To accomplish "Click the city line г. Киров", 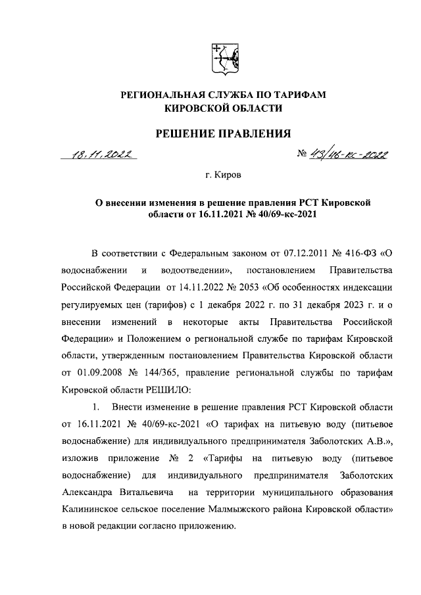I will (x=223, y=176).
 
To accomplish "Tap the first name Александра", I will (x=91, y=492).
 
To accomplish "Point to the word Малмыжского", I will (x=257, y=510).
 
